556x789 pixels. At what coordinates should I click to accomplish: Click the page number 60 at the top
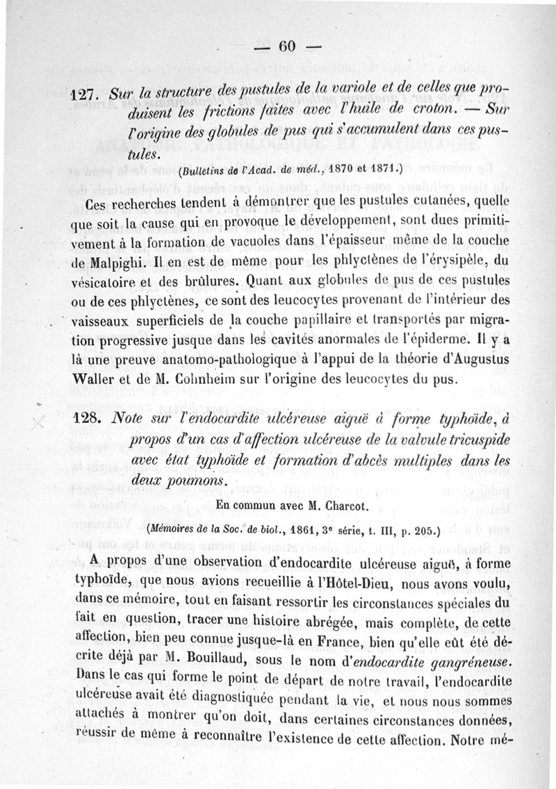click(x=286, y=47)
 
